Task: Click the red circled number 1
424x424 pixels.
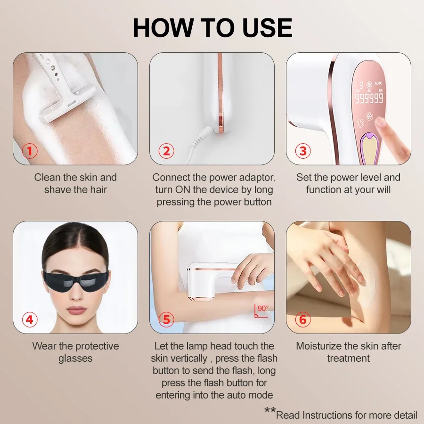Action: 30,151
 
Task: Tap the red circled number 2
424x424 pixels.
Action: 166,151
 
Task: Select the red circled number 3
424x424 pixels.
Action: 303,151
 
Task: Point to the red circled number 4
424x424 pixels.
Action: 30,319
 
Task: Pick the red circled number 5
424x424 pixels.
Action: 166,319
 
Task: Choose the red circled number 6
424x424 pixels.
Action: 303,319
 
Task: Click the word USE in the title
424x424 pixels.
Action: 267,28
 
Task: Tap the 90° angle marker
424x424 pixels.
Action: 261,311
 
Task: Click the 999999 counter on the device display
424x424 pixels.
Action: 369,98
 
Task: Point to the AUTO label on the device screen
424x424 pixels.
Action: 378,83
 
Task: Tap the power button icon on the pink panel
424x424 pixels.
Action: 360,123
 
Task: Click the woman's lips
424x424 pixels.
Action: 76,310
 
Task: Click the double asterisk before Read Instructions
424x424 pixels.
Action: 270,410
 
